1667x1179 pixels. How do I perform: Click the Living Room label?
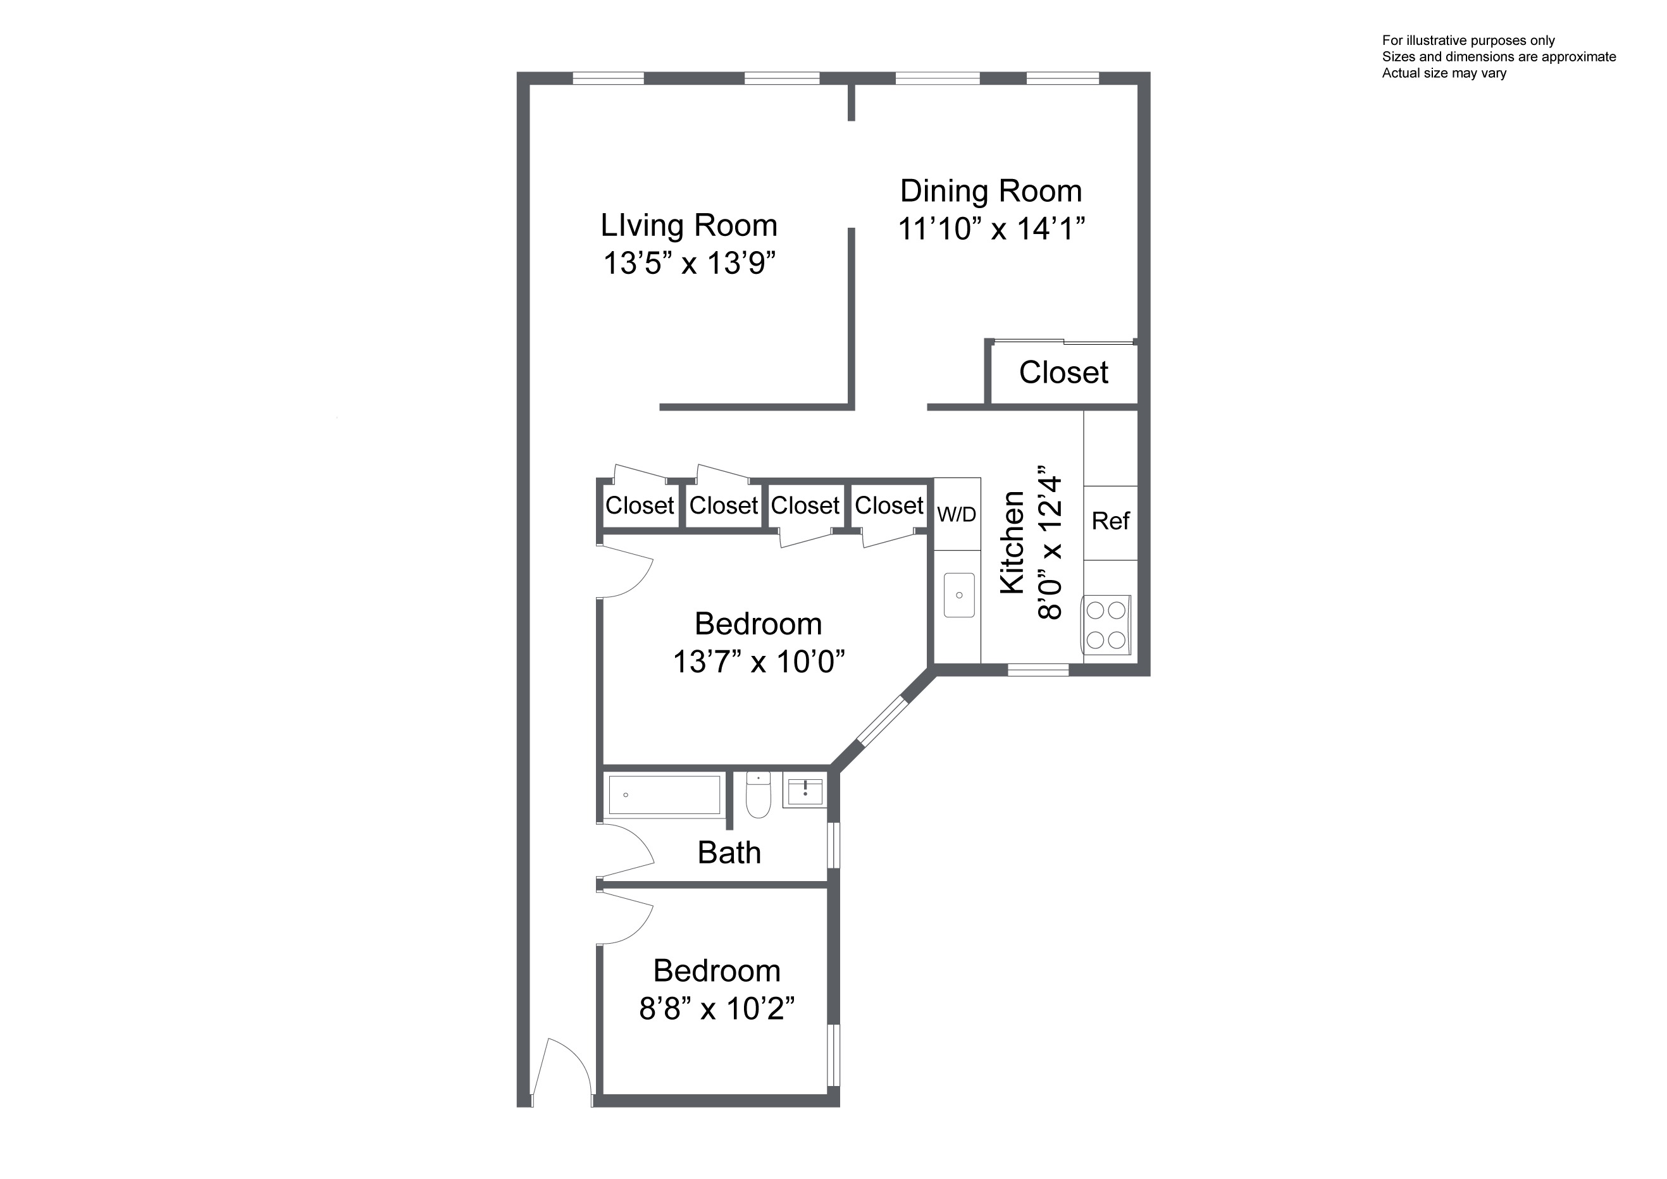[689, 226]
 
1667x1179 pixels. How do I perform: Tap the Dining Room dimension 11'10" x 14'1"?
[991, 229]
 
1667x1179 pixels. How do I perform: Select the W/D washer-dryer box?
[957, 514]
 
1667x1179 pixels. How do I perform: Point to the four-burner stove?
[1106, 624]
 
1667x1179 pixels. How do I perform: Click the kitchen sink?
[959, 595]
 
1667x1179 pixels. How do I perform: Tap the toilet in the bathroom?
[758, 794]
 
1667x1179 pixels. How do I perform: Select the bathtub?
[664, 795]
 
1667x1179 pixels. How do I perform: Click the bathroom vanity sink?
[805, 790]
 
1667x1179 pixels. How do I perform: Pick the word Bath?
[729, 853]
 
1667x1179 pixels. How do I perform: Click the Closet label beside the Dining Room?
[1063, 373]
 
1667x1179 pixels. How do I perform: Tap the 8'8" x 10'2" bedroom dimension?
[717, 1008]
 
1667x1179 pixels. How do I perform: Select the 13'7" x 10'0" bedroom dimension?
[759, 662]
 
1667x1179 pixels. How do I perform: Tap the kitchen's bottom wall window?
[1038, 670]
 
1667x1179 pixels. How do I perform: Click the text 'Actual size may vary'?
[1444, 73]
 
